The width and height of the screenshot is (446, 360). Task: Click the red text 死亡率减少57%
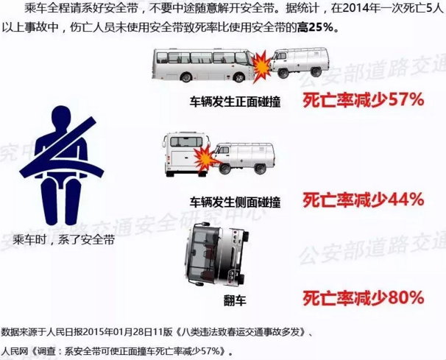tap(364, 100)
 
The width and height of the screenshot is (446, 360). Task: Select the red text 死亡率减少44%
tap(364, 200)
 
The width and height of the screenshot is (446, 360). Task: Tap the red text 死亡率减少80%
tap(364, 298)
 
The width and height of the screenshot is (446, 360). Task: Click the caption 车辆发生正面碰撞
tap(236, 102)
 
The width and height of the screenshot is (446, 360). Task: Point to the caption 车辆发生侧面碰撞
tap(236, 202)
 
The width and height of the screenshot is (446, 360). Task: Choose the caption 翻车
tap(235, 300)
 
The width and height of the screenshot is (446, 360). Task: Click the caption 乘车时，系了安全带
tap(63, 240)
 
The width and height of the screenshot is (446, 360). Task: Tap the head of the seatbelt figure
tap(61, 119)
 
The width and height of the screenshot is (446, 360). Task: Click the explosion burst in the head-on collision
tap(262, 66)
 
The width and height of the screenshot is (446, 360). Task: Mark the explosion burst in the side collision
tap(204, 156)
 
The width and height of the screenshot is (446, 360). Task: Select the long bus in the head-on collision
tap(204, 66)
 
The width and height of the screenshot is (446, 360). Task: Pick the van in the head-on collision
tap(299, 63)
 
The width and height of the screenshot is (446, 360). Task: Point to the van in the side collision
tap(244, 158)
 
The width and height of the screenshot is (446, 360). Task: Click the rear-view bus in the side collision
tap(186, 155)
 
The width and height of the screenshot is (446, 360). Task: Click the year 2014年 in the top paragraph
tap(361, 9)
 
